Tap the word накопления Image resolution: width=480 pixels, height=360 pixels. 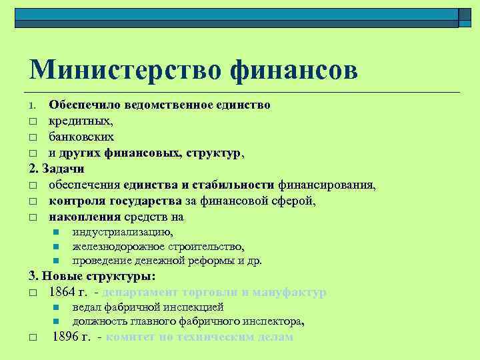coord(84,216)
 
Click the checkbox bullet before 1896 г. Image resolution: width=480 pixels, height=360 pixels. coord(33,337)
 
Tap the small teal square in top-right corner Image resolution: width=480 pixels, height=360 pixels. coord(466,16)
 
